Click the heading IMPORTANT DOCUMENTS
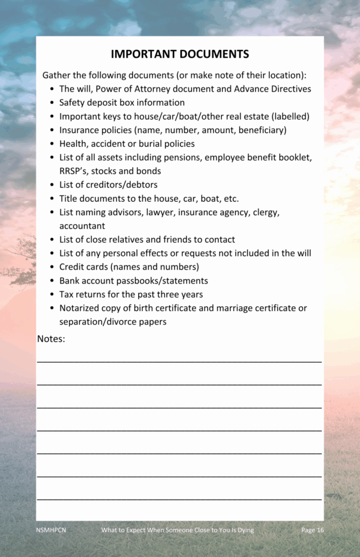[179, 54]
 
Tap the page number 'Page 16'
[313, 530]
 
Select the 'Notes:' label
[51, 339]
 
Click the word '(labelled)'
[290, 116]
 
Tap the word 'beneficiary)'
[263, 130]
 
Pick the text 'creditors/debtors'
[122, 184]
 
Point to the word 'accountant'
[82, 225]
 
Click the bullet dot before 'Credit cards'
[51, 267]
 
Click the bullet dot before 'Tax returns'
[51, 294]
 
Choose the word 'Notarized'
[79, 308]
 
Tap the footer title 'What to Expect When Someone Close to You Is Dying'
[177, 530]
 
